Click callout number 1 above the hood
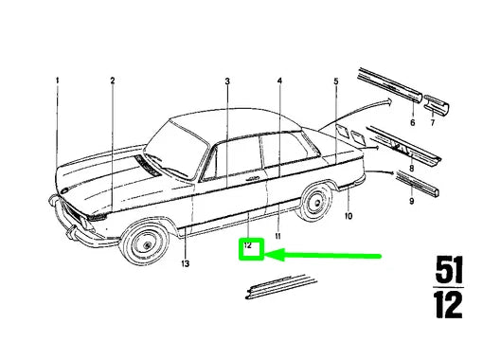[57, 81]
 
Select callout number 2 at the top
[113, 81]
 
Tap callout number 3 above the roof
[227, 81]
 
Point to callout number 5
[336, 81]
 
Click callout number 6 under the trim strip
[412, 122]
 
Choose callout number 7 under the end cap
[433, 122]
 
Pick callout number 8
[411, 169]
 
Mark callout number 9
[411, 201]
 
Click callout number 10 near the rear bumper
[349, 216]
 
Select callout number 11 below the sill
[277, 236]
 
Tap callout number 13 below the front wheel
[185, 263]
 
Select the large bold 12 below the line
[448, 305]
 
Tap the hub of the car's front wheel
[147, 245]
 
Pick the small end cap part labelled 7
[437, 104]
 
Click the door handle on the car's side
[253, 179]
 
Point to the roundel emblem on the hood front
[64, 190]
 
